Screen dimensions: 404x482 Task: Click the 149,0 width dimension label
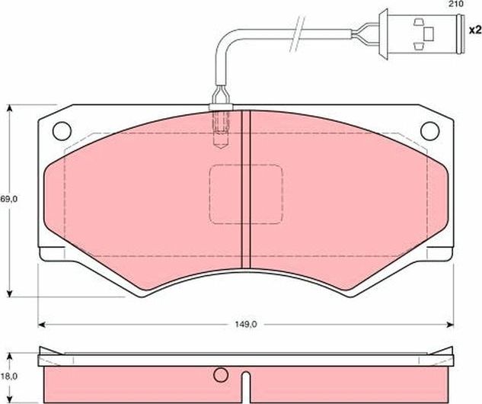pyautogui.click(x=245, y=324)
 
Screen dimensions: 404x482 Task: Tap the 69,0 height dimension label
pyautogui.click(x=8, y=199)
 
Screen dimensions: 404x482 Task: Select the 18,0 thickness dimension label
pyautogui.click(x=8, y=377)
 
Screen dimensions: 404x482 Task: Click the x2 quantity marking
pyautogui.click(x=474, y=30)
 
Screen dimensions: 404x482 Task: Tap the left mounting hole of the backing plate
pyautogui.click(x=62, y=130)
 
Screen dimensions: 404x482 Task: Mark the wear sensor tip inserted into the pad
pyautogui.click(x=222, y=126)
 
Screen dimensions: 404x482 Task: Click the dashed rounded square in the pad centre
pyautogui.click(x=245, y=194)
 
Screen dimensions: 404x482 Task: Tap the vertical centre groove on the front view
pyautogui.click(x=245, y=191)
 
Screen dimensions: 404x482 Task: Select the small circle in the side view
pyautogui.click(x=221, y=375)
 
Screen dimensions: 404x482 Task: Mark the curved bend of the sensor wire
pyautogui.click(x=222, y=43)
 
